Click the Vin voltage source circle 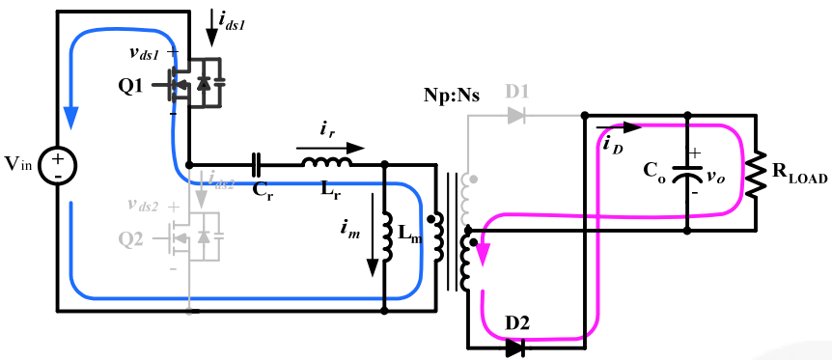coord(58,168)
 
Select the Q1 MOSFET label coord(131,85)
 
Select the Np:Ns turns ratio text coord(451,97)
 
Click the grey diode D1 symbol coord(516,116)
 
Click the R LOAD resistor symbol coord(755,173)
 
